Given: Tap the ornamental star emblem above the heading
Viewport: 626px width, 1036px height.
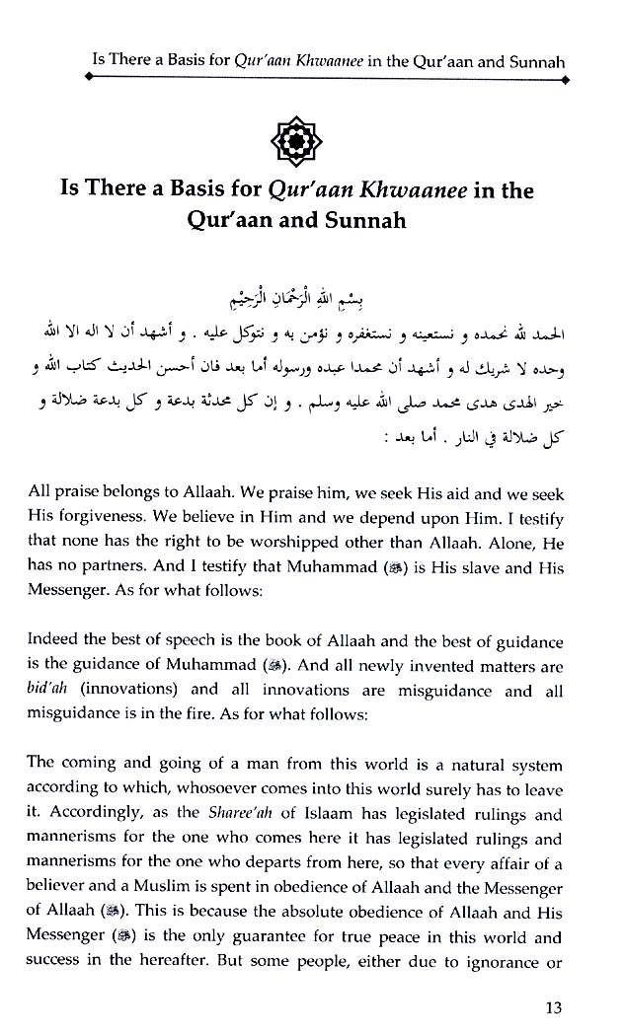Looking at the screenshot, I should coord(311,143).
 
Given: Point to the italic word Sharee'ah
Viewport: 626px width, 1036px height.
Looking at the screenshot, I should coord(232,815).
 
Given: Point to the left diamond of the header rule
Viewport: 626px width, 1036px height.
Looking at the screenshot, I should coord(90,84).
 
